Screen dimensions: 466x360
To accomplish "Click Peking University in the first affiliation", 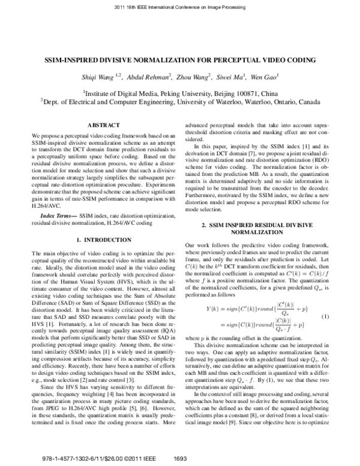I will (184, 94).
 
